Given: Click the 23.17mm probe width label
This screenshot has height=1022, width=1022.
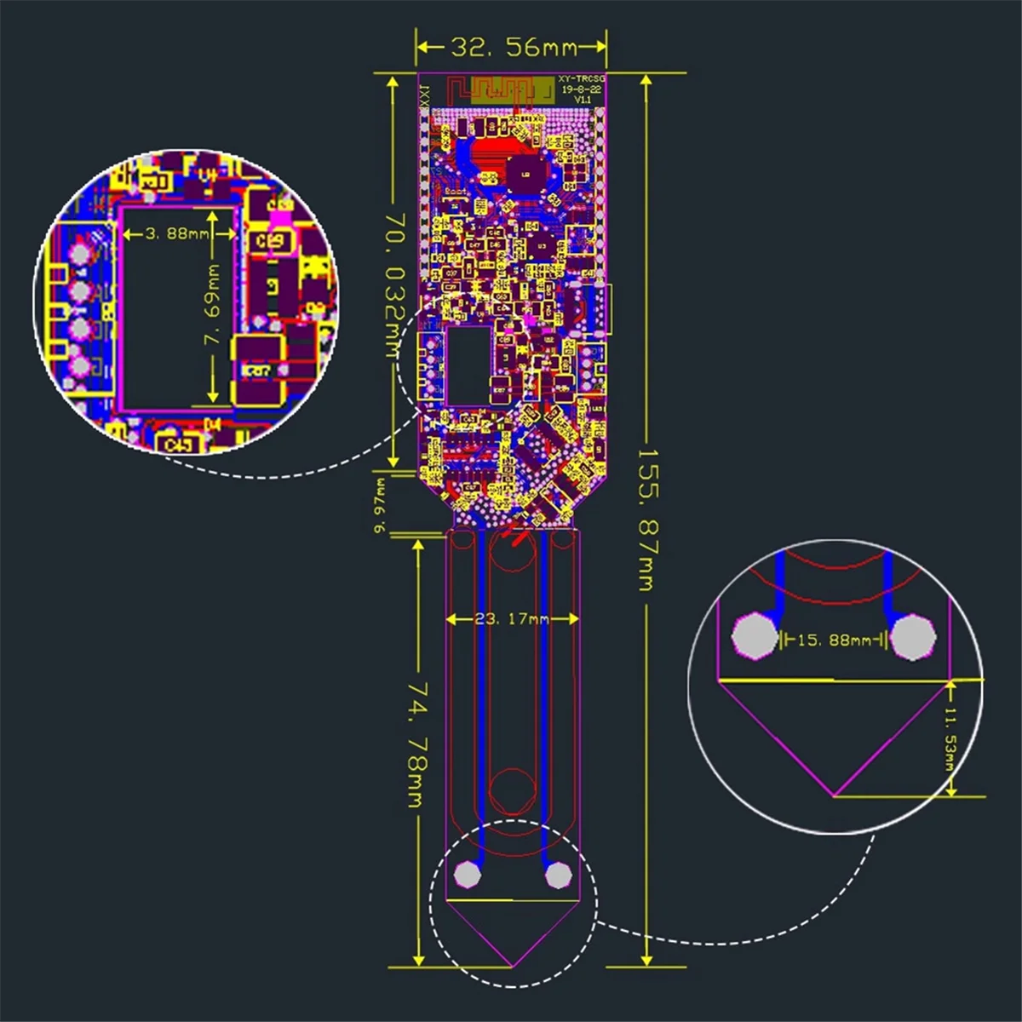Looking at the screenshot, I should point(512,618).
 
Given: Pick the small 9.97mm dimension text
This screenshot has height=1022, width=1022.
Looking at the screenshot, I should point(380,504).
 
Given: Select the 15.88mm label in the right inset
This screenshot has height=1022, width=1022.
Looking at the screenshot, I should point(834,639).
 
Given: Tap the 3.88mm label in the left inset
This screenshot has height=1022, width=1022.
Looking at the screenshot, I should point(175,233).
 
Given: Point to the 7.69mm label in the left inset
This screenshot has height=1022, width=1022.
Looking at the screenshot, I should point(213,302).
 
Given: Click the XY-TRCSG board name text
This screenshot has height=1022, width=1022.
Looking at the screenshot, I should point(582,78).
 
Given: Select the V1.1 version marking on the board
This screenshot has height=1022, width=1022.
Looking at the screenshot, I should point(583,100).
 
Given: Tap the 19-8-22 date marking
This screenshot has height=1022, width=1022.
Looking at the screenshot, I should point(582,89).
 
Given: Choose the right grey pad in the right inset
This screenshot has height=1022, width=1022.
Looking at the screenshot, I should point(912,637).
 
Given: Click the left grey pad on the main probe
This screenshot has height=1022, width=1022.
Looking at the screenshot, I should point(468,874).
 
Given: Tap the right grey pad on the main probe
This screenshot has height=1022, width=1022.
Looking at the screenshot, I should point(557,874).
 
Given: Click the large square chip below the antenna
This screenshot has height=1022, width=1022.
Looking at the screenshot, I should point(525,174).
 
